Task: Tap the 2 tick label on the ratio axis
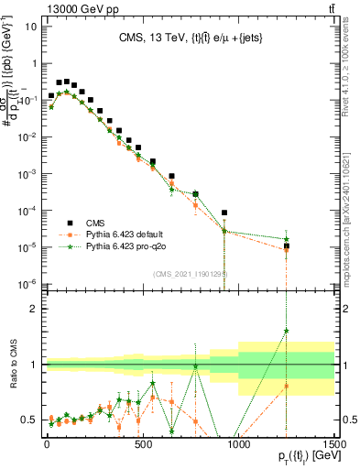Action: [x=32, y=309]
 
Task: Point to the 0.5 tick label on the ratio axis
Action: [x=27, y=420]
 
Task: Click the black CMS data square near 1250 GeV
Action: [x=286, y=245]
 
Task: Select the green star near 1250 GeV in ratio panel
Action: [x=286, y=332]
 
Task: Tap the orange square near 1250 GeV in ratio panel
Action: [x=286, y=386]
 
